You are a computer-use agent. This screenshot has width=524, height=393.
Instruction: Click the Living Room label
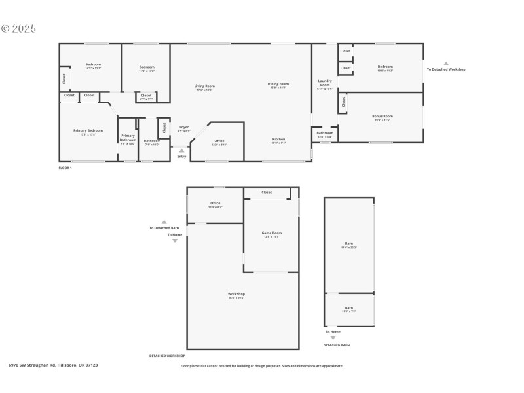click(x=204, y=86)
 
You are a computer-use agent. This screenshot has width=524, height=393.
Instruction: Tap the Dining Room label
click(x=278, y=84)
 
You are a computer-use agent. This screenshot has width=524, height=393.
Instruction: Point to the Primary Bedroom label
click(x=88, y=130)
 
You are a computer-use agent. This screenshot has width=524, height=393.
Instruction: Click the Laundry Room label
click(x=325, y=83)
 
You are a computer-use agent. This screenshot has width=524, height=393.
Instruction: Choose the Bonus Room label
click(x=382, y=117)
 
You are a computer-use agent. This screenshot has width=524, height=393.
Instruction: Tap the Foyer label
click(x=184, y=127)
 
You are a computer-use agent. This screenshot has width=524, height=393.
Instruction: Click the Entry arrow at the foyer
click(x=181, y=151)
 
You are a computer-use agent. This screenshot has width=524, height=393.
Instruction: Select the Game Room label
click(x=271, y=233)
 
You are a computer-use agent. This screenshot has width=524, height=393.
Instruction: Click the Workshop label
click(x=236, y=294)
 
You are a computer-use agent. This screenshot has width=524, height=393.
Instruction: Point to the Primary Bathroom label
click(x=128, y=137)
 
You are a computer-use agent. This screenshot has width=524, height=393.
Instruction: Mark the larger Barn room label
click(x=348, y=244)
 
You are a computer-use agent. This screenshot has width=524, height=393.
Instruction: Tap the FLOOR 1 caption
click(x=65, y=168)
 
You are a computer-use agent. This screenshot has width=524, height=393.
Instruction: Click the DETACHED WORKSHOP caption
click(x=167, y=356)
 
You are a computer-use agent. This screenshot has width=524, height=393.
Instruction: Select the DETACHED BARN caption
click(x=336, y=345)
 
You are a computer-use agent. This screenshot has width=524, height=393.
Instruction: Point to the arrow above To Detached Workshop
click(x=446, y=64)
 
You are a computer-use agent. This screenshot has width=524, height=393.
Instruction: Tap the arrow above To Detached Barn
click(x=164, y=222)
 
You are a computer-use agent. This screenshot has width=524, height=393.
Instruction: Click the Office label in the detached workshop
click(x=215, y=203)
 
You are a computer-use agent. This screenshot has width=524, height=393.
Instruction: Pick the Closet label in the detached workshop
click(x=267, y=193)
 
